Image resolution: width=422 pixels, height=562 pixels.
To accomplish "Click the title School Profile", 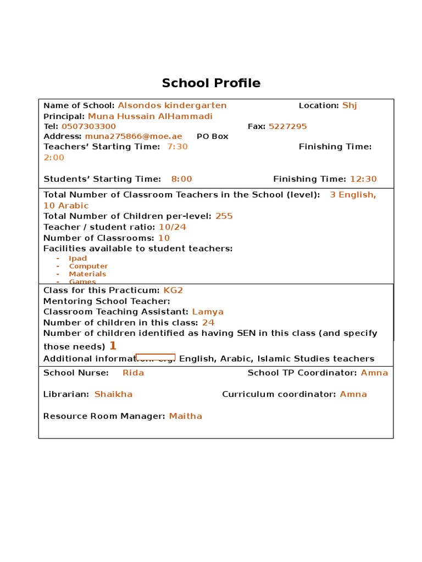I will tap(211, 83).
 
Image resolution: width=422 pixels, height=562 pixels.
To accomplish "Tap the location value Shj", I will tap(349, 105).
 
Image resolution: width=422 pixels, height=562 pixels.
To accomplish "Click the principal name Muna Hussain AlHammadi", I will tap(150, 116).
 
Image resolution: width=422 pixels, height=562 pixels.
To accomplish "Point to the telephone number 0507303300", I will tap(88, 126).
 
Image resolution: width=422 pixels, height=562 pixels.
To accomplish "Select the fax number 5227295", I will tap(287, 126).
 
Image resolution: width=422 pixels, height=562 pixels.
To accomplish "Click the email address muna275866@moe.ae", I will tap(134, 136).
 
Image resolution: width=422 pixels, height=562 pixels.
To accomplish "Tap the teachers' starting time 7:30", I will tap(177, 147).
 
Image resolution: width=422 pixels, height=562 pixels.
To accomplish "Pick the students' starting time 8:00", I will tap(182, 179).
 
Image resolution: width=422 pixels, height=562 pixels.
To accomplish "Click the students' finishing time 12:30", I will tap(363, 179).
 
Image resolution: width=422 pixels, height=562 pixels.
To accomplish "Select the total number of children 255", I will tap(224, 216).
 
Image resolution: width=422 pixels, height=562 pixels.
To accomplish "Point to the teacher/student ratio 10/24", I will tap(172, 227).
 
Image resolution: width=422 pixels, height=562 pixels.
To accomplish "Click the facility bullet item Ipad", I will tap(78, 258).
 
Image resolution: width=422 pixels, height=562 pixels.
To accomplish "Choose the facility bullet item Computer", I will tap(88, 266).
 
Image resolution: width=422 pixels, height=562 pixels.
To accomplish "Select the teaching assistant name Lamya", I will tap(208, 312).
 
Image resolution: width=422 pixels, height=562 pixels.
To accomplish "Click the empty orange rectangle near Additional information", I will tap(156, 357).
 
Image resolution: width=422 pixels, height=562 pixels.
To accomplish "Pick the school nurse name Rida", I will tap(134, 373).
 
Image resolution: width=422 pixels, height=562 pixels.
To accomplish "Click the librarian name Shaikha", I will tap(113, 394).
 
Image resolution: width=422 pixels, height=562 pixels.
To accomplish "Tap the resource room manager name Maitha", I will tap(186, 416).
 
